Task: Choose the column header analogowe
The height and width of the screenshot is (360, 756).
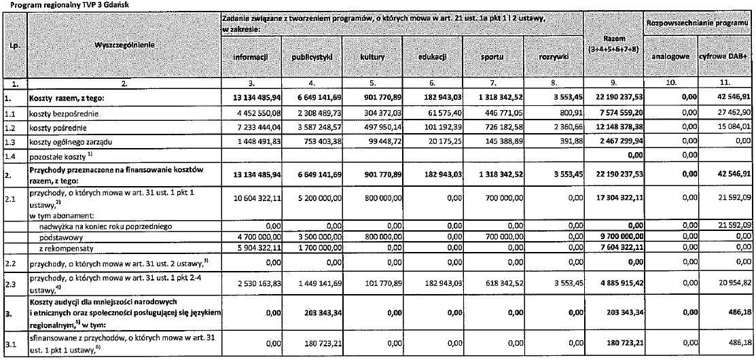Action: (669, 58)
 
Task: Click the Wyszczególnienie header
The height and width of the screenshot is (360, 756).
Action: (124, 45)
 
